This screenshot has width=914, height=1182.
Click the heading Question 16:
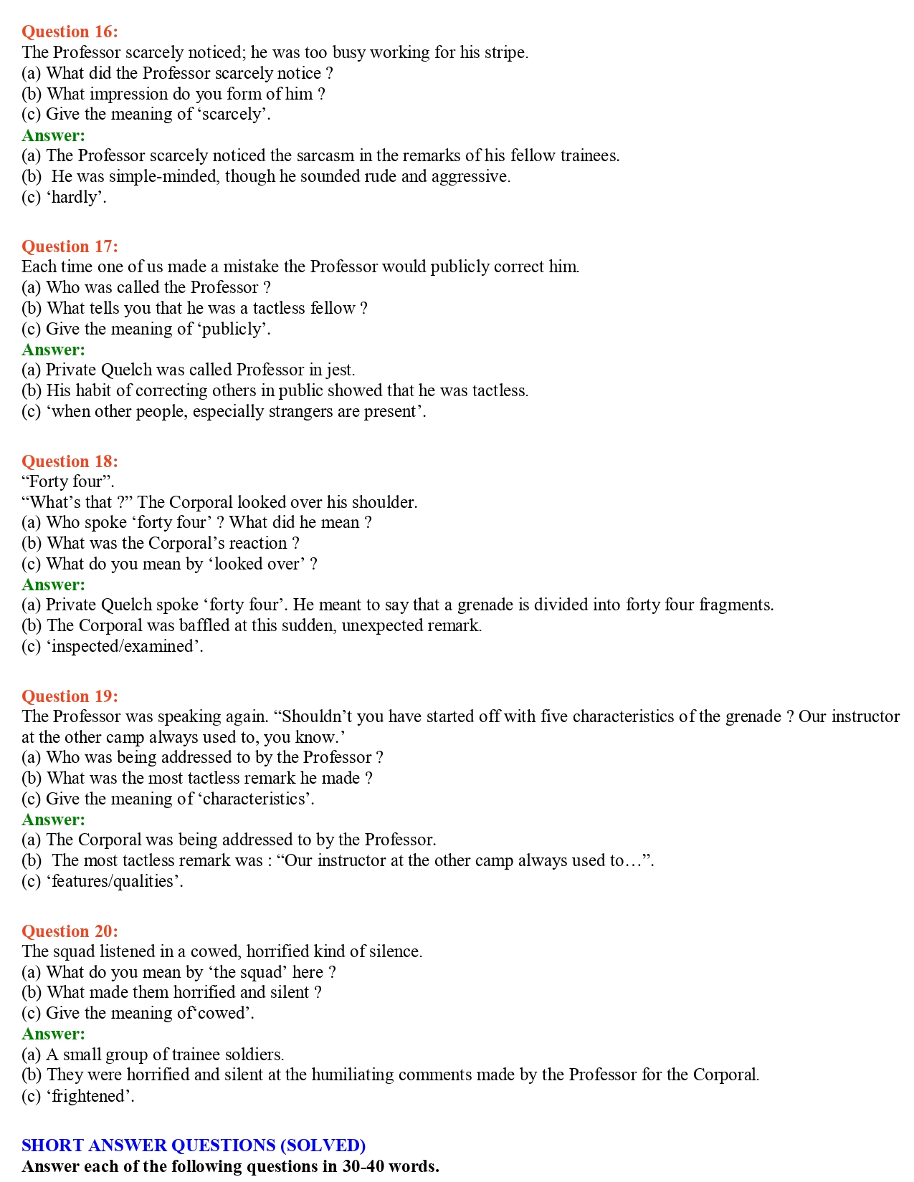(70, 32)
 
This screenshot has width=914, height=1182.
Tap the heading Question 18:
(70, 461)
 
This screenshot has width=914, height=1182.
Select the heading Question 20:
(70, 931)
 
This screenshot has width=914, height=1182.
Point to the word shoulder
(384, 502)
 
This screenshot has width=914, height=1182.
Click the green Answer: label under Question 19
(53, 820)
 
